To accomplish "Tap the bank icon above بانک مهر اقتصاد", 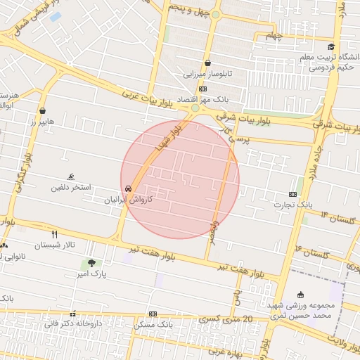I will pyautogui.click(x=203, y=89).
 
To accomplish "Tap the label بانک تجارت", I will pyautogui.click(x=295, y=204).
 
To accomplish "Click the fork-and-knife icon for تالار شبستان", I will pyautogui.click(x=55, y=233).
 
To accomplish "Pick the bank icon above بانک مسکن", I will pyautogui.click(x=153, y=314).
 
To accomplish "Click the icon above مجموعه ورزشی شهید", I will pyautogui.click(x=302, y=295).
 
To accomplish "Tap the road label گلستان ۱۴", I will pyautogui.click(x=335, y=215).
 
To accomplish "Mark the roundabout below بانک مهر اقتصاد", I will pyautogui.click(x=195, y=109).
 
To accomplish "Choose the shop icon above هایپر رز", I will pyautogui.click(x=43, y=110).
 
